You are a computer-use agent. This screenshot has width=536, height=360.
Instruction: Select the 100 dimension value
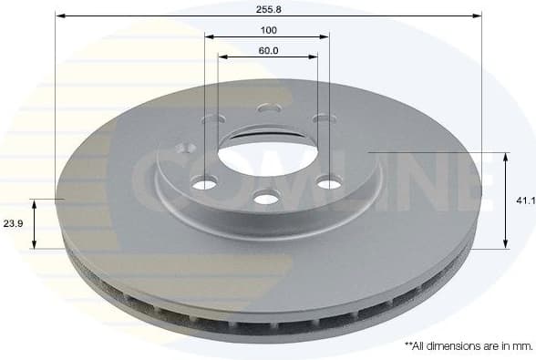pos(267,29)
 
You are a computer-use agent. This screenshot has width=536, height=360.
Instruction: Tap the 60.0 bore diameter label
pos(267,50)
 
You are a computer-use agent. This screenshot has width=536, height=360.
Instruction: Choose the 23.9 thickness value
pos(12,221)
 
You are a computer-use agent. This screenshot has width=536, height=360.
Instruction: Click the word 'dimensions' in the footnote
pos(453,346)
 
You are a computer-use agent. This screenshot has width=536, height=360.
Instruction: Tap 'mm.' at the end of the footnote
pos(522,346)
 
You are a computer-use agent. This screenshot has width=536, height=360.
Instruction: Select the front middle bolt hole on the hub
pos(265,198)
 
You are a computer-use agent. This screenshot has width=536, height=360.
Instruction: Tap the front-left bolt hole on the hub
pos(205,184)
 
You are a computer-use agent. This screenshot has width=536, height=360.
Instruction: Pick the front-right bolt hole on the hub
pos(328,184)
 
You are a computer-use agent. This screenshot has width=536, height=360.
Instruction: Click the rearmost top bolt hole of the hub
pos(269,108)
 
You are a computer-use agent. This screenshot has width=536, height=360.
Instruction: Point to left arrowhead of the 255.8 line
pos(59,15)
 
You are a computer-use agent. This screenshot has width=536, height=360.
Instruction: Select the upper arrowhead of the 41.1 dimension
pos(506,156)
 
